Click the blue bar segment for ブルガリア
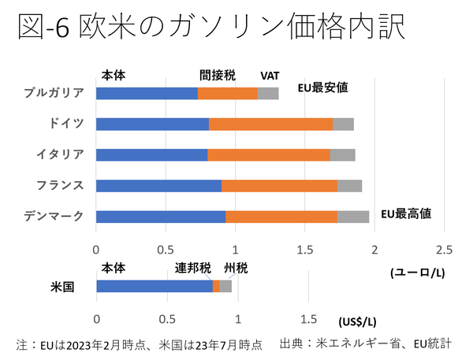(147, 94)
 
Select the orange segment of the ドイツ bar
(270, 124)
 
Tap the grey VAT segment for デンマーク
(353, 217)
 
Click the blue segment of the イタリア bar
(151, 154)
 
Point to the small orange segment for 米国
(216, 286)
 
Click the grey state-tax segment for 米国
(225, 286)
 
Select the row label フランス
(60, 186)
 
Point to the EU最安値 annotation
(325, 88)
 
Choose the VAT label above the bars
(270, 76)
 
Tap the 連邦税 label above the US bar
(192, 268)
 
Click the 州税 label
(236, 268)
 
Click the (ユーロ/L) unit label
(414, 271)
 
